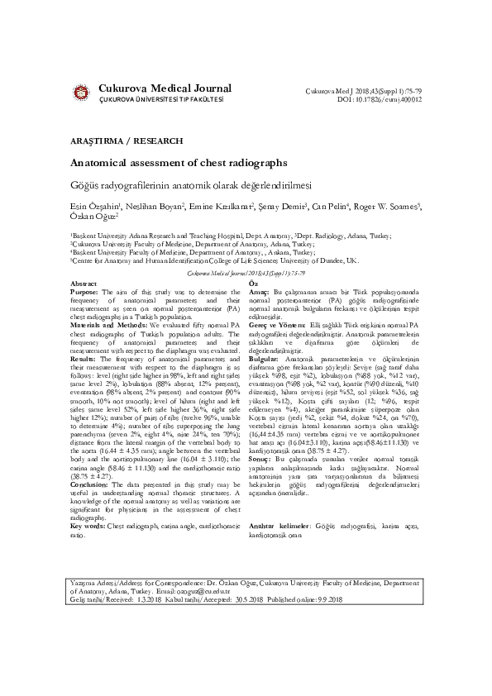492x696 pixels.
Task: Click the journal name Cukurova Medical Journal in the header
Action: point(165,88)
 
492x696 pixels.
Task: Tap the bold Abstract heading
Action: point(84,284)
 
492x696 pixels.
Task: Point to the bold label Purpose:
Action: point(86,293)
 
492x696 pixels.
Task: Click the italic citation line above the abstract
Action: point(246,272)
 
